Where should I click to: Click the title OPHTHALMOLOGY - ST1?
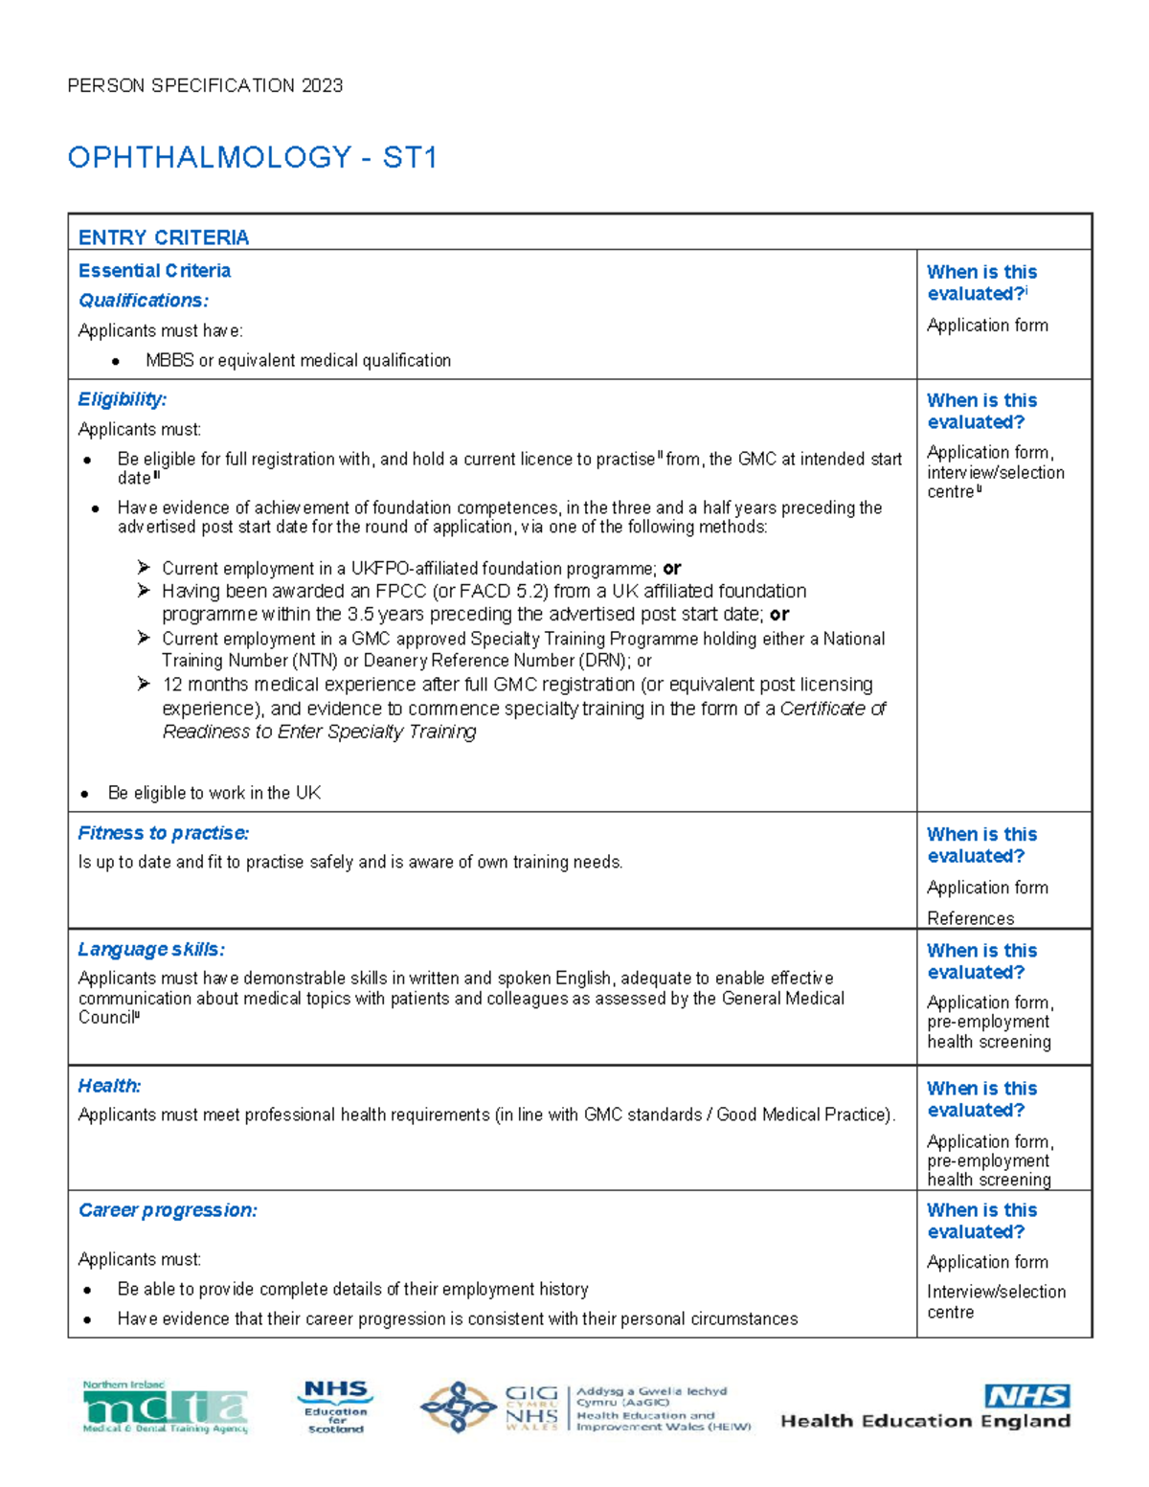click(x=252, y=157)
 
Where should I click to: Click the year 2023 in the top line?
click(x=322, y=85)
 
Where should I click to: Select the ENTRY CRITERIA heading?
click(x=164, y=237)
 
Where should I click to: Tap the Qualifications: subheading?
click(x=144, y=301)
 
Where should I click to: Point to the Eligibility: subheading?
click(x=123, y=399)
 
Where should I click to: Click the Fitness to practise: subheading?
click(x=164, y=833)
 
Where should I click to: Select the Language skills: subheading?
click(x=151, y=949)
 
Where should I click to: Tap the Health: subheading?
click(x=109, y=1086)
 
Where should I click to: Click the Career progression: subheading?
click(x=168, y=1210)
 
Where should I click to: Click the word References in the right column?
click(x=970, y=918)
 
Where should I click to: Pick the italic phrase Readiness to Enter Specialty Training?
click(x=319, y=732)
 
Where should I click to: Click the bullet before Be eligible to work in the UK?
click(x=85, y=794)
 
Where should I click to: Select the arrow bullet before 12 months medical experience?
click(x=144, y=684)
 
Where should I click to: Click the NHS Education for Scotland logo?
click(x=335, y=1406)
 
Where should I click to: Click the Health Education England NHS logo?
click(x=926, y=1408)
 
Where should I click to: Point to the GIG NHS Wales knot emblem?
click(x=459, y=1407)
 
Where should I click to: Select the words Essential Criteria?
click(x=154, y=271)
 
